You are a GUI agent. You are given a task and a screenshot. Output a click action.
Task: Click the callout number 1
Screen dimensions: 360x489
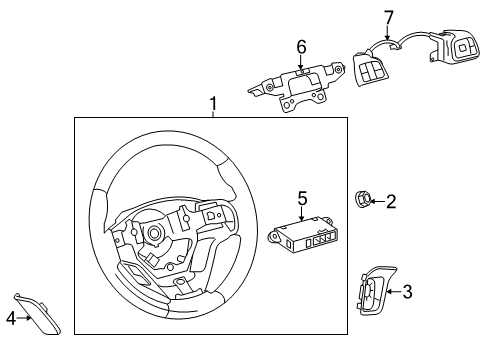[x=211, y=104]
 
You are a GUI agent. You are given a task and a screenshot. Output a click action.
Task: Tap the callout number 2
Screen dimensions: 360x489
[x=391, y=202]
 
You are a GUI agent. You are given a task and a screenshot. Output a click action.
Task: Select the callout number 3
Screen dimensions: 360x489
[x=408, y=292]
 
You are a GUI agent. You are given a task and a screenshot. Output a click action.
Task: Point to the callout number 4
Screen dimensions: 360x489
[x=11, y=319]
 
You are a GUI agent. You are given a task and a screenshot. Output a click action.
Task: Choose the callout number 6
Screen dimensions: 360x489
[x=299, y=46]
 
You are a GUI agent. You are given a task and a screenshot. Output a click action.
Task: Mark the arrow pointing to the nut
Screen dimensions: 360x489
[x=378, y=201]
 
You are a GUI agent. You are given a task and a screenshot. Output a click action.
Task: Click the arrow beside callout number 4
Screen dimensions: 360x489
[x=22, y=318]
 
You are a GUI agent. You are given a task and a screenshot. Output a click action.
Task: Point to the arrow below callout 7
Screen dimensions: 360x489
[x=388, y=33]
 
